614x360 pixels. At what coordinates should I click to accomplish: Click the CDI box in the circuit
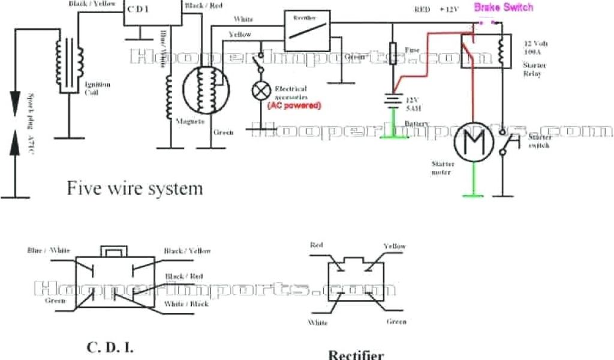152,13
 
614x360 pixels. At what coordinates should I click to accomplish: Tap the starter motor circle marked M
472,146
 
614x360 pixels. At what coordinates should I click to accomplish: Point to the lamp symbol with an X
261,91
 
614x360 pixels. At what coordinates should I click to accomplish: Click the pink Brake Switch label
503,8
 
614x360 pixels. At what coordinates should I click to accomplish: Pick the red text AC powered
294,105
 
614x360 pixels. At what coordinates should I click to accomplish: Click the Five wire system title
134,188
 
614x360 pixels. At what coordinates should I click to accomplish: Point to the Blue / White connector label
49,250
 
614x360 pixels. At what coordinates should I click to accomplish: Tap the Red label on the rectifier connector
317,245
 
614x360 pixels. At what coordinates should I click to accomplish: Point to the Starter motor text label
442,168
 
